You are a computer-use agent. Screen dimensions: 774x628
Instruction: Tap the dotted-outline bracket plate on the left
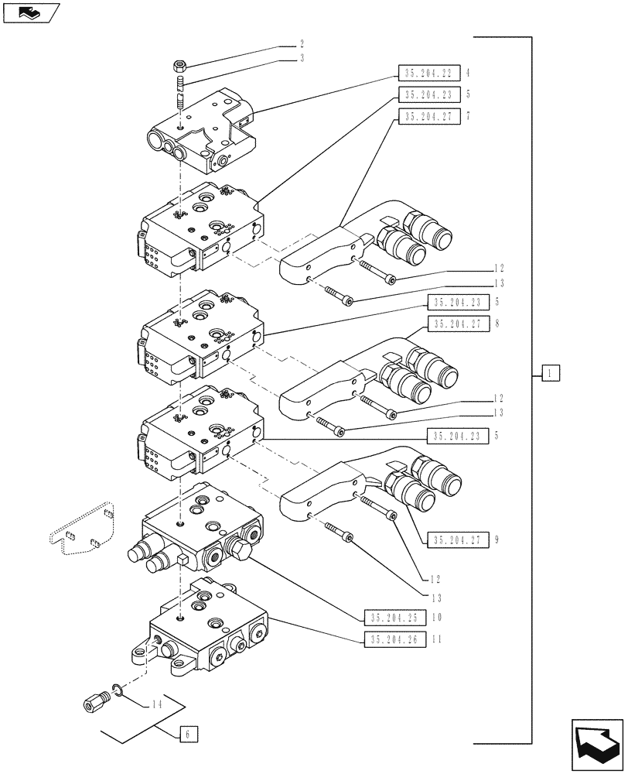coord(81,526)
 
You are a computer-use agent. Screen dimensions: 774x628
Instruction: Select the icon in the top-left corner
coord(30,13)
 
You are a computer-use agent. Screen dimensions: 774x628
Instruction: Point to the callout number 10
coord(437,618)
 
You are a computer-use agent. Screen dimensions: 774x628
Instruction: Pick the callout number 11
coord(437,639)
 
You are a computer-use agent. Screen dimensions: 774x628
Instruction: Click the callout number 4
coord(468,74)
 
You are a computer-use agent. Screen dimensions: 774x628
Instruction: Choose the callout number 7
coord(468,117)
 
